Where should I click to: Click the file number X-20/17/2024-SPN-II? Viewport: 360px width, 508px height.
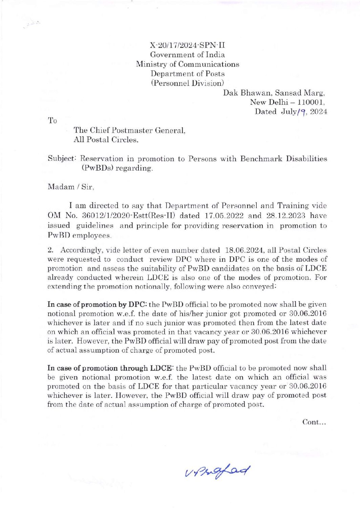point(187,45)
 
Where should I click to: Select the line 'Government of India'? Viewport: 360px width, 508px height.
point(187,55)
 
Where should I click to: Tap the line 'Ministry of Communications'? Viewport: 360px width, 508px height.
point(187,64)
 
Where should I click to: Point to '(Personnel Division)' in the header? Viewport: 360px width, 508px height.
point(187,83)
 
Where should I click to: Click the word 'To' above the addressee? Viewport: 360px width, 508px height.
point(52,120)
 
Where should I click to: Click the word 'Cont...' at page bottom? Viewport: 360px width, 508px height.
point(314,422)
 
